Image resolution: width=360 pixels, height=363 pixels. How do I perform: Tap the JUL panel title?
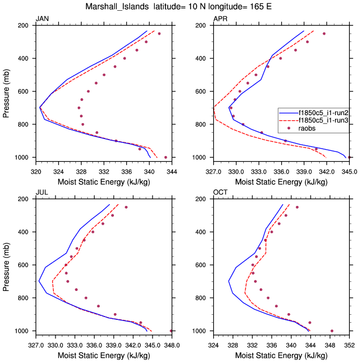click(x=41, y=193)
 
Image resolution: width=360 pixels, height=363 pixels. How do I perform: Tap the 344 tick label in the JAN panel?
click(x=172, y=169)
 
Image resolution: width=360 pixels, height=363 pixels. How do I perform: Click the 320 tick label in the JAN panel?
click(x=36, y=169)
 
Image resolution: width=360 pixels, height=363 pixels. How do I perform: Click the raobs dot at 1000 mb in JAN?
click(x=166, y=157)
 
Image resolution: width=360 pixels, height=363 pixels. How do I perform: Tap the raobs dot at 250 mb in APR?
click(x=324, y=33)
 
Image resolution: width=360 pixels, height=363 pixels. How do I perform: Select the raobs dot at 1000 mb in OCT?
click(x=332, y=331)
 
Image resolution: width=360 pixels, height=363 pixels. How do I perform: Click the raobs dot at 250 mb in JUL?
click(x=126, y=207)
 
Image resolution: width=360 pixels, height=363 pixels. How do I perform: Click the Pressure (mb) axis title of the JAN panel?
click(x=6, y=91)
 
